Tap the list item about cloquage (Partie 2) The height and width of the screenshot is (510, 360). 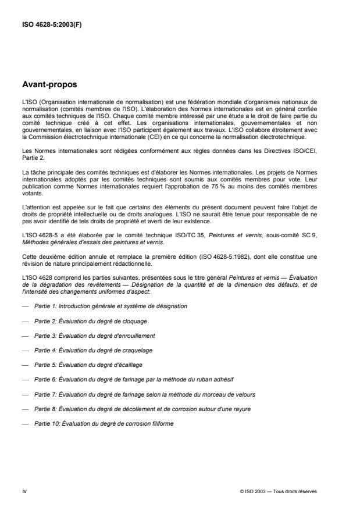[83, 320]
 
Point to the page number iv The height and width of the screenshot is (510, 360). [24, 491]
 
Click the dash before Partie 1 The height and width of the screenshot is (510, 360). [24, 305]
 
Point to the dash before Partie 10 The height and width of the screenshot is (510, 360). [24, 423]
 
